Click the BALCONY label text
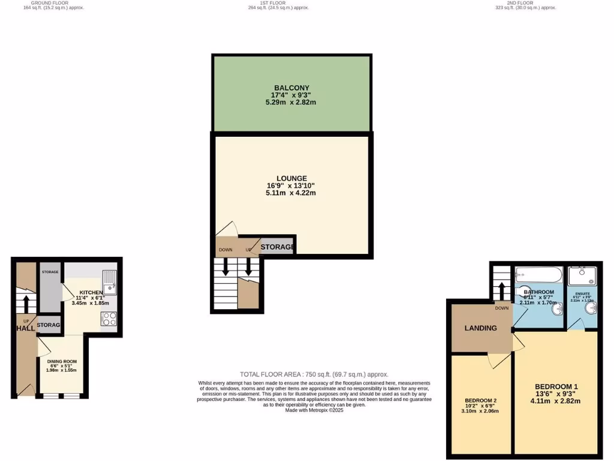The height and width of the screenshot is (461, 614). click(x=291, y=88)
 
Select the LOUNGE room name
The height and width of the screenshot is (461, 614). click(x=291, y=178)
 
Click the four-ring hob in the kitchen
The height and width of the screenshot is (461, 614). click(x=109, y=319)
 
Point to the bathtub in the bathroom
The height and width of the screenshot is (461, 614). click(x=538, y=276)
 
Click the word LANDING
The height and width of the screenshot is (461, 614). click(x=481, y=328)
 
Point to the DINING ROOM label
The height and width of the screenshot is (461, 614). click(x=62, y=361)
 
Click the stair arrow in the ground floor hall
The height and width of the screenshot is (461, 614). click(x=26, y=299)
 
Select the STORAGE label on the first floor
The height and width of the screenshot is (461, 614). click(x=277, y=247)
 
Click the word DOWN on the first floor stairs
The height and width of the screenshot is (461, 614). click(x=225, y=250)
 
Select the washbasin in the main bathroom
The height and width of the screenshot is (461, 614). click(x=558, y=309)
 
